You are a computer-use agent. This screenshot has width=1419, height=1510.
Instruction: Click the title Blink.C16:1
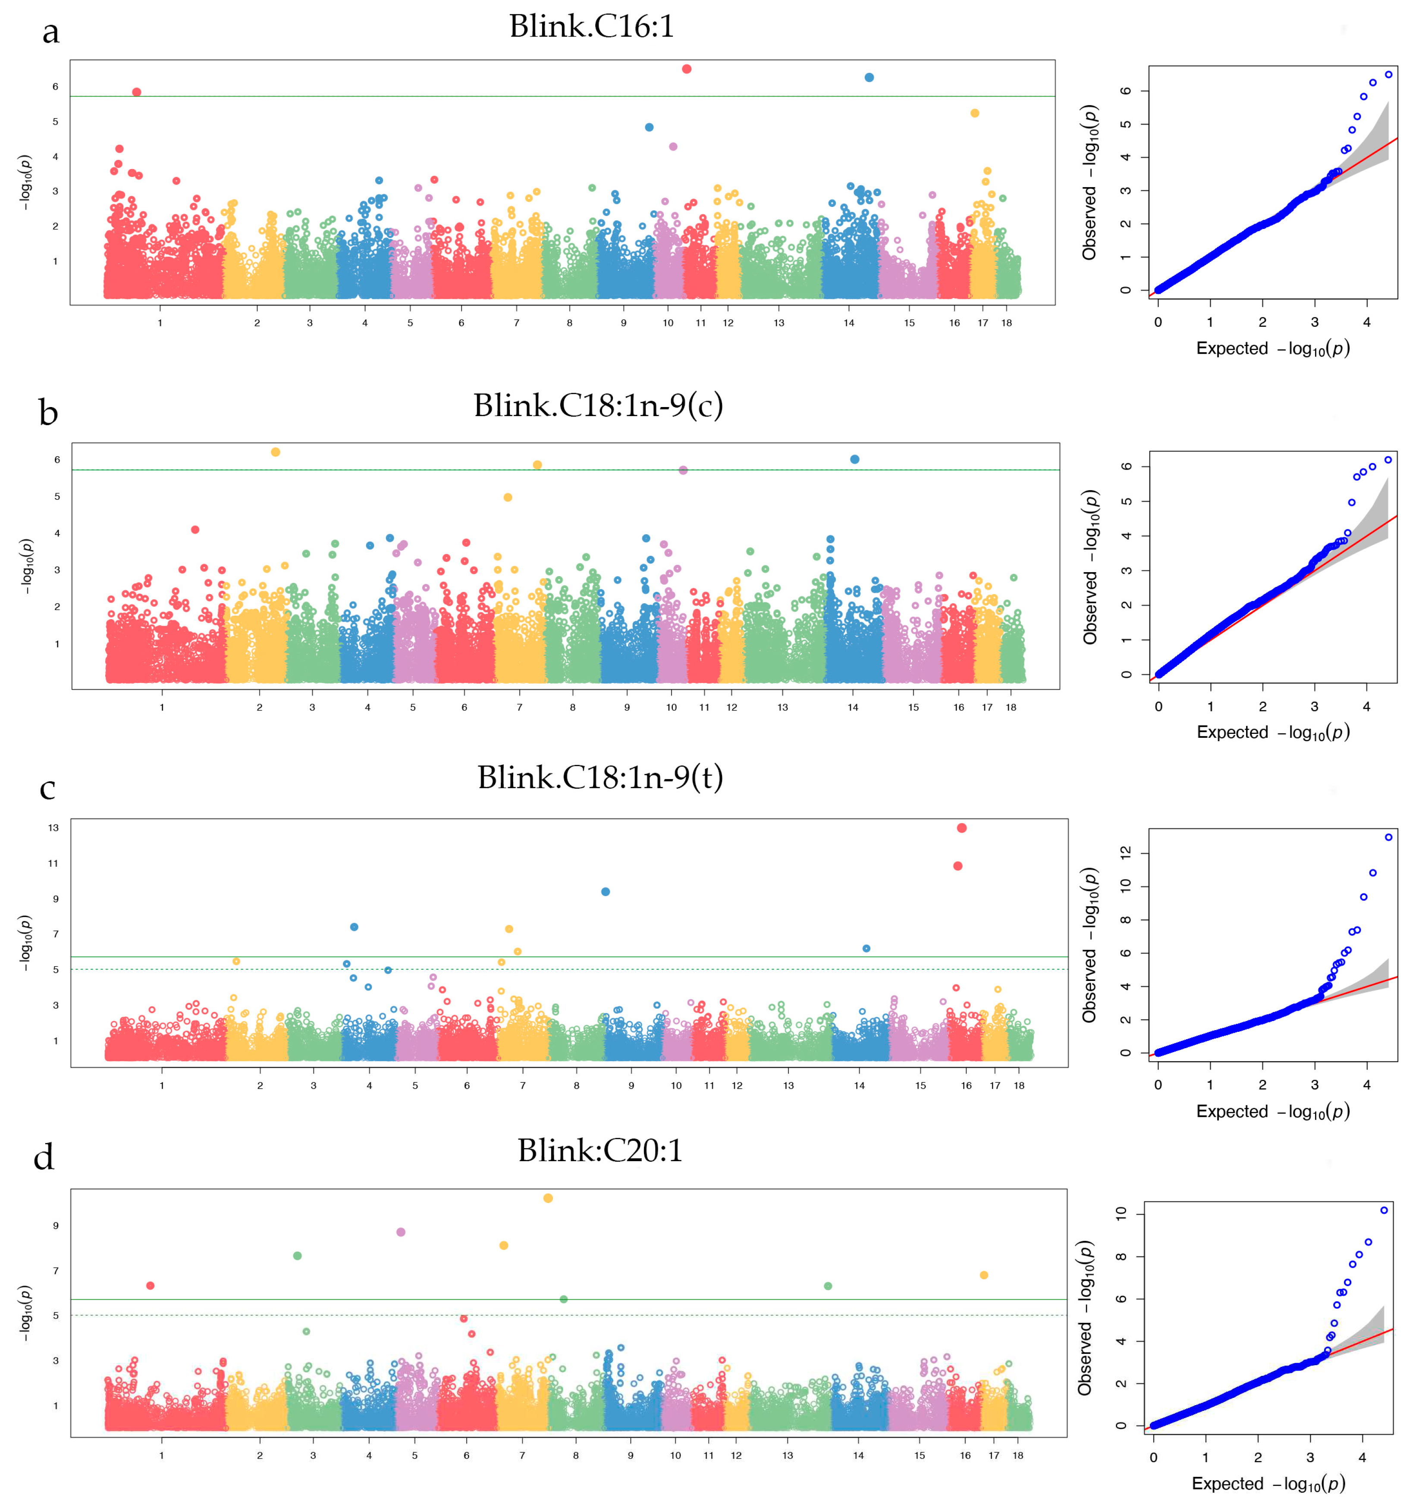(591, 27)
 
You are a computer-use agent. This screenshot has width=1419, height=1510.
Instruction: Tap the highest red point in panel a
(687, 69)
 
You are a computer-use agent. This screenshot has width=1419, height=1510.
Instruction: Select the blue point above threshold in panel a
(869, 78)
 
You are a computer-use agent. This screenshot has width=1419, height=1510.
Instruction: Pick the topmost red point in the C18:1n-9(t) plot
(962, 828)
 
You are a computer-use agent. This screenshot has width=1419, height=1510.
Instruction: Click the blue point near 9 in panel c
(606, 892)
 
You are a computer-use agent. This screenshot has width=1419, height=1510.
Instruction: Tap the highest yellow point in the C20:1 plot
(548, 1199)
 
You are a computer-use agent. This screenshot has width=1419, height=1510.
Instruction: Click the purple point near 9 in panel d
(401, 1232)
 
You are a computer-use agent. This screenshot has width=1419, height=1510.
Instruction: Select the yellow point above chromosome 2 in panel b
(276, 452)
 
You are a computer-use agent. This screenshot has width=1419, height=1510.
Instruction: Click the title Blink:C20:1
(600, 1151)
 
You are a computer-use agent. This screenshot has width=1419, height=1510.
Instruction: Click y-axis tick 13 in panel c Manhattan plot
(53, 828)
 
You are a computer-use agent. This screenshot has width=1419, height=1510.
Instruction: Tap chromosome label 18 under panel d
(1018, 1455)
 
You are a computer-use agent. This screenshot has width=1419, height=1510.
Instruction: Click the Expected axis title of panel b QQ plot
(1273, 732)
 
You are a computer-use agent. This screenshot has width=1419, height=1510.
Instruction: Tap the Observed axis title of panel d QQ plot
(1085, 1318)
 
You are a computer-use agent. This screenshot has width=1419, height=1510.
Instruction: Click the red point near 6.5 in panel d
(151, 1286)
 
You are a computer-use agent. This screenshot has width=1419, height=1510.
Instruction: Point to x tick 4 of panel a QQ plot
(1366, 322)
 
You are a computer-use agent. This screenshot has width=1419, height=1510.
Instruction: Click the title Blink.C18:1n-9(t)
(600, 778)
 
